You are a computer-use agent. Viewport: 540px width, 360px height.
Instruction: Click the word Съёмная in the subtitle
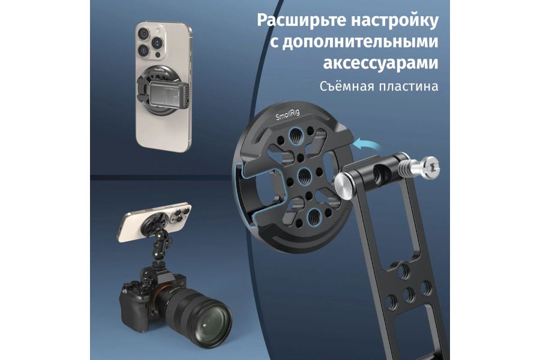(x=346, y=86)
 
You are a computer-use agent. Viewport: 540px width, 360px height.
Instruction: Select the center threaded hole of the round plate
(x=303, y=178)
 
